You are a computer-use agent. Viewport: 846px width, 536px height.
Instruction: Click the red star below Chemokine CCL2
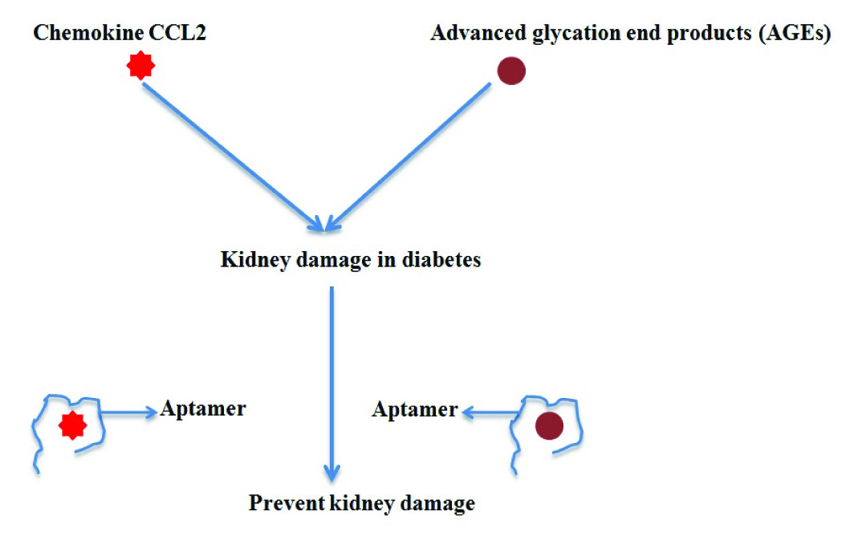140,66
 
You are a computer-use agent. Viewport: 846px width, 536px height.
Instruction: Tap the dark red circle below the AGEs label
510,71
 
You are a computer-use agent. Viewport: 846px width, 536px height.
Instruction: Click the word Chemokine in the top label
76,34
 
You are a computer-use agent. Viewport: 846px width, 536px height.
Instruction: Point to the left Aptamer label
203,408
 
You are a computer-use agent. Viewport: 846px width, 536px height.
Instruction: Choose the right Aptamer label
414,410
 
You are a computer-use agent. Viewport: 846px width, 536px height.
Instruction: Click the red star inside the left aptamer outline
72,425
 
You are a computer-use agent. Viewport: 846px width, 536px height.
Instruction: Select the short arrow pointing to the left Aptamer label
128,412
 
